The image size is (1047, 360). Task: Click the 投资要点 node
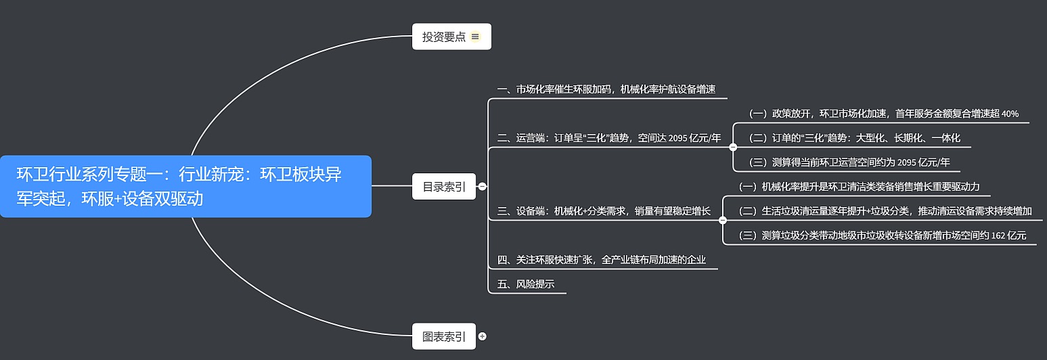point(444,37)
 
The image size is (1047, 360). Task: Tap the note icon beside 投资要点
point(475,37)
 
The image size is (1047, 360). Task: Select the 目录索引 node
point(444,187)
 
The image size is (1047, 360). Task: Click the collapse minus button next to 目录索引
point(483,187)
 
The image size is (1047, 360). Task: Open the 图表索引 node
point(444,336)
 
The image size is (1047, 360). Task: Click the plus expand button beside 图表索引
point(483,336)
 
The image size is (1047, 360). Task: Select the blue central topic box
point(185,186)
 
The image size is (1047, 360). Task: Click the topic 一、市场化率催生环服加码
point(606,89)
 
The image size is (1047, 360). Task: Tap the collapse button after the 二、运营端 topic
point(733,146)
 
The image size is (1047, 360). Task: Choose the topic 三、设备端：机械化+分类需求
point(604,211)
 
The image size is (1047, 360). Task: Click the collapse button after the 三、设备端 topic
point(723,220)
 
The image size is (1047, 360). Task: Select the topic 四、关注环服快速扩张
point(605,260)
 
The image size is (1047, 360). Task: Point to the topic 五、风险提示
point(526,284)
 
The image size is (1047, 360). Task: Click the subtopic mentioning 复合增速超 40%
point(883,114)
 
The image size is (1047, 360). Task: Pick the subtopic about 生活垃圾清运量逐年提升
point(885,211)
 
